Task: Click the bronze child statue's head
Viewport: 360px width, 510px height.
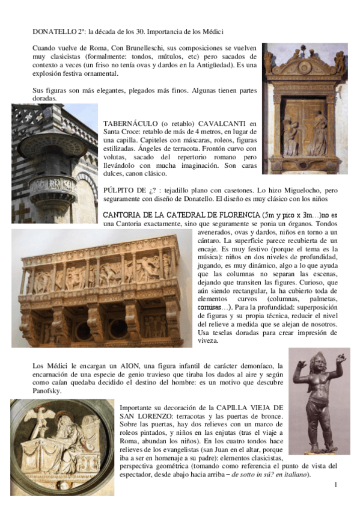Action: click(319, 364)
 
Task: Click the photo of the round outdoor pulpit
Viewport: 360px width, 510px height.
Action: click(54, 163)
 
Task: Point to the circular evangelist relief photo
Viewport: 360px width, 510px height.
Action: click(61, 447)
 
